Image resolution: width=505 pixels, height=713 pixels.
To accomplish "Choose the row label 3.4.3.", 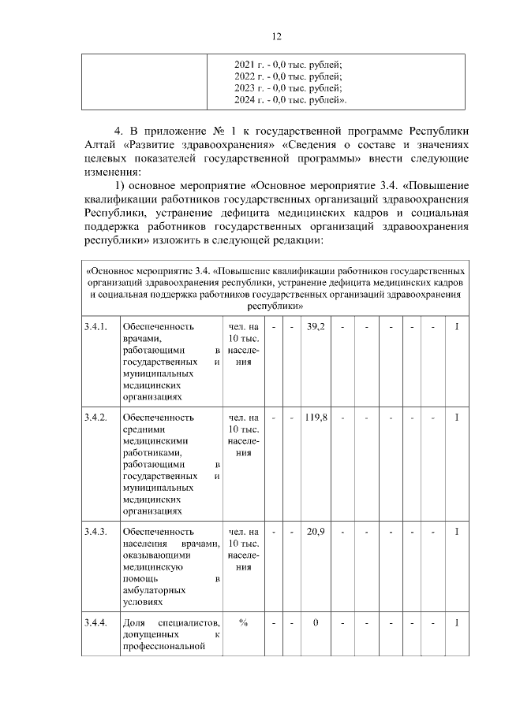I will point(95,532).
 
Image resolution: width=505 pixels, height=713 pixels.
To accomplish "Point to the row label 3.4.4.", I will point(95,623).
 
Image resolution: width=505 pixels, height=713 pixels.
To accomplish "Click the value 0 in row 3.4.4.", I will point(316,623).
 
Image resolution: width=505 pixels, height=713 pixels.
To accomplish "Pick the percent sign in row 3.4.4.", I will point(244,623).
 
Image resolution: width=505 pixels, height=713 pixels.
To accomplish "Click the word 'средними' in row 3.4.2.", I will point(144,429).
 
